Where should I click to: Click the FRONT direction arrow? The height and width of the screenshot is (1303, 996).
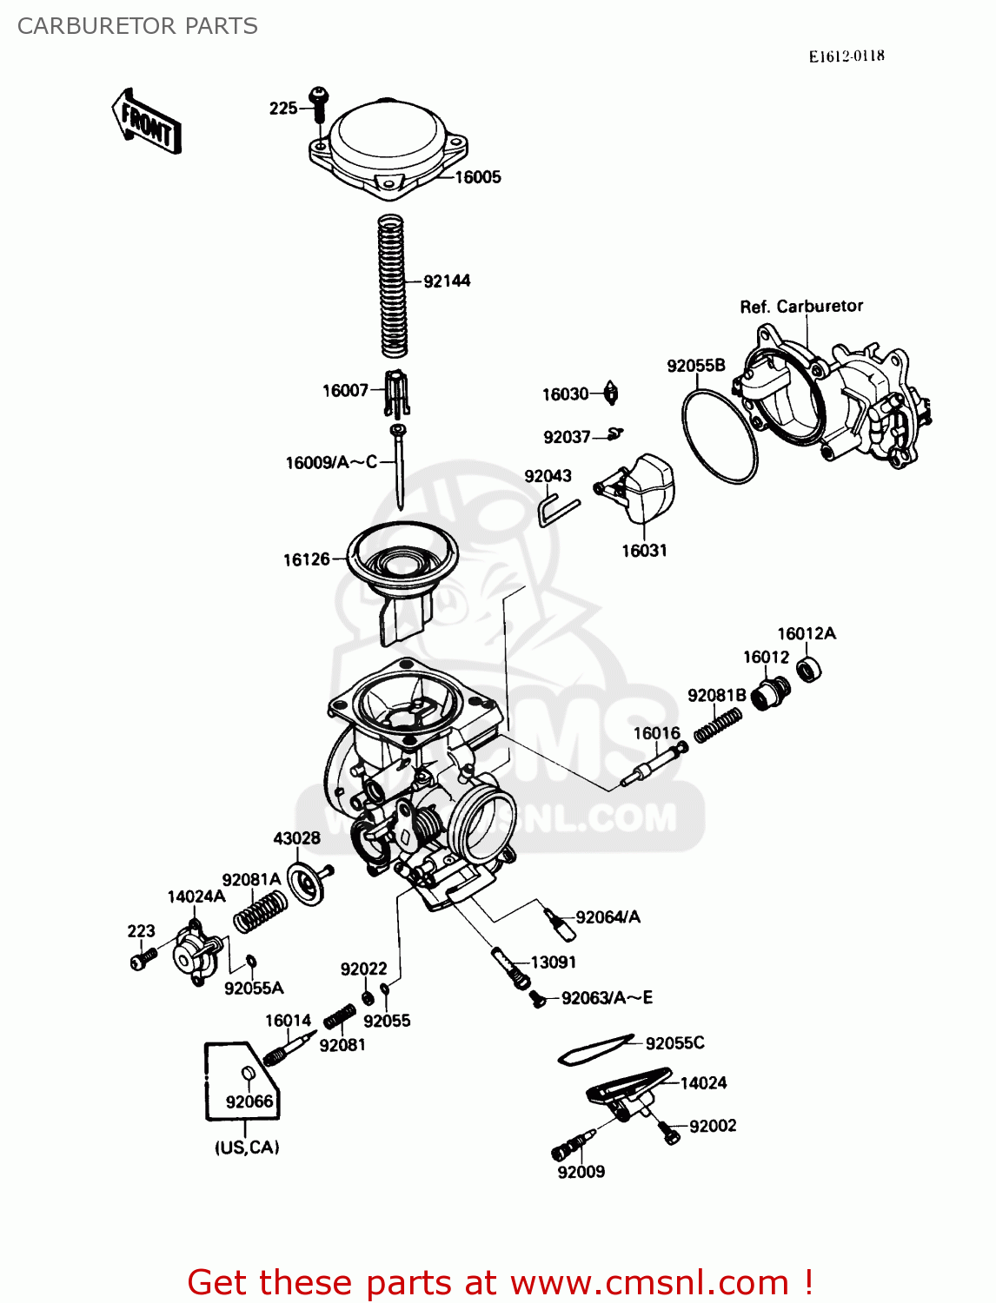coord(147,122)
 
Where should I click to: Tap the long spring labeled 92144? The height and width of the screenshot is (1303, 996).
coord(393,287)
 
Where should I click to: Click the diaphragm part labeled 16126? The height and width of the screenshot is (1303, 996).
coord(402,565)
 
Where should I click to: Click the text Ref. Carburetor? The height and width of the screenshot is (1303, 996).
coord(800,307)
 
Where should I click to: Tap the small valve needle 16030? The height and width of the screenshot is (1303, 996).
coord(611,394)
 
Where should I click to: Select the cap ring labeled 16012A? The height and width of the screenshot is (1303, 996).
coord(809,669)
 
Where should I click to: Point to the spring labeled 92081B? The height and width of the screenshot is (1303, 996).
coord(718,725)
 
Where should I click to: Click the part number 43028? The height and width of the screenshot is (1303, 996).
coord(296,838)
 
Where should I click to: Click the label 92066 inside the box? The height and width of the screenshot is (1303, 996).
coord(249,1101)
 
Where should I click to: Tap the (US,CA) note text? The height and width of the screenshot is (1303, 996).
coord(247,1148)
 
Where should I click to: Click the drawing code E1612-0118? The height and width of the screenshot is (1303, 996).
coord(846,56)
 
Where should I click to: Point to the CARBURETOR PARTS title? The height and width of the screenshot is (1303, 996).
coord(137,26)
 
